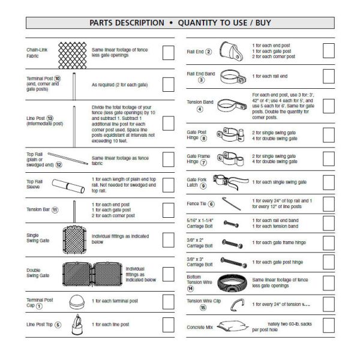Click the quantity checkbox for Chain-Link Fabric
click(x=169, y=52)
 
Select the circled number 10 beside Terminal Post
click(x=58, y=79)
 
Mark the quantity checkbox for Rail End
click(x=328, y=51)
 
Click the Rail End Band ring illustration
click(x=230, y=77)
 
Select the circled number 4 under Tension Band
click(x=200, y=109)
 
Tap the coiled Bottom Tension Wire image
click(x=236, y=281)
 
